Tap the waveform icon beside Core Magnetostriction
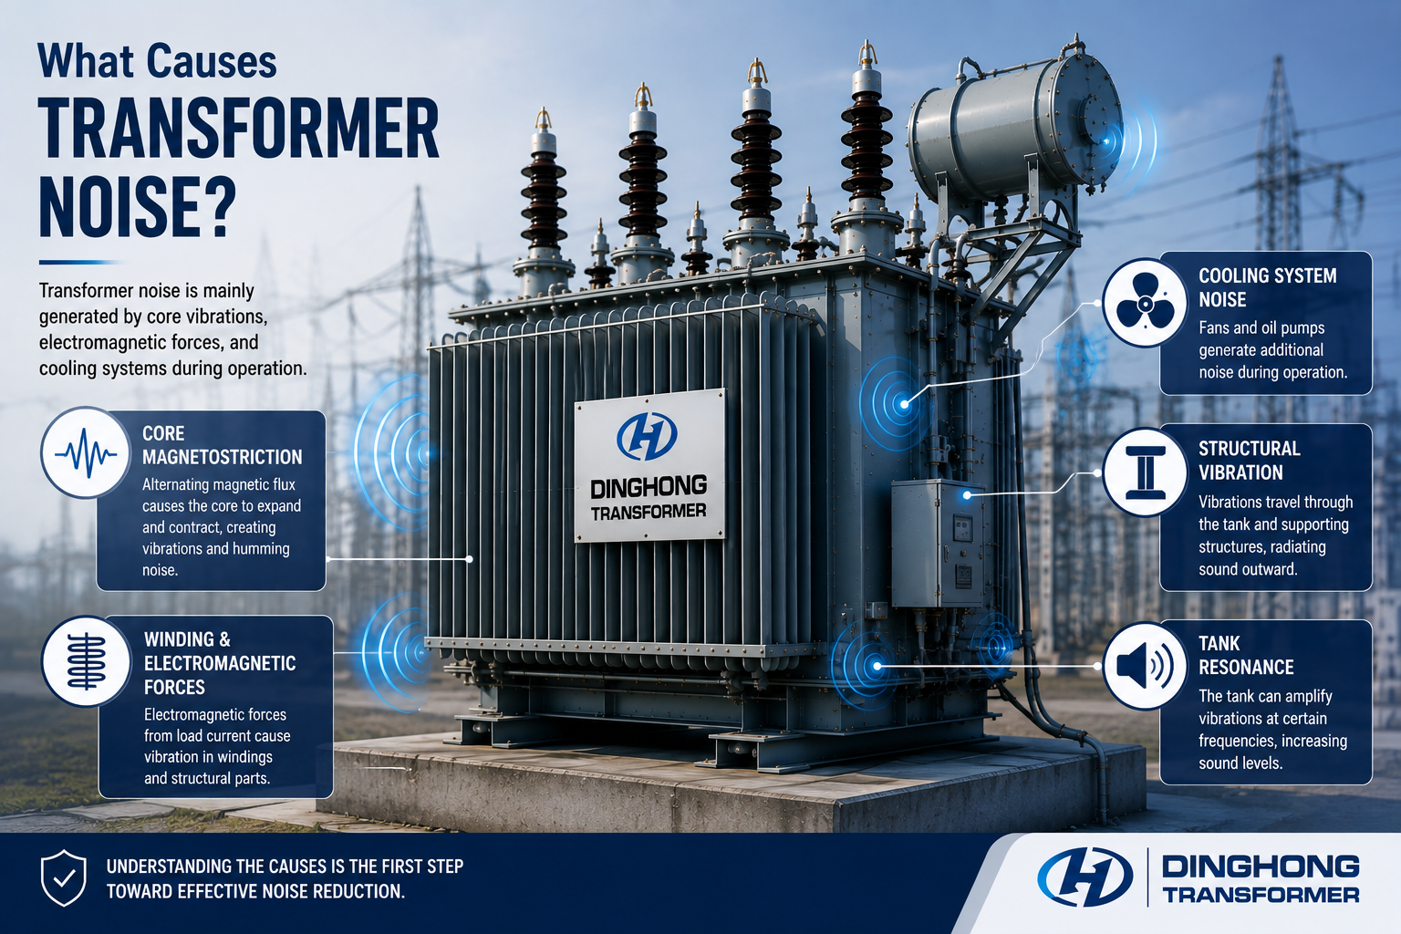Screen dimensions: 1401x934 86,452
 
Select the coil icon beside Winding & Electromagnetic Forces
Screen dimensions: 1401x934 87,661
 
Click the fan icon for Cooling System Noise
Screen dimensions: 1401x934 1145,303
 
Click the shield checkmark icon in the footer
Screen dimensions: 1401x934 63,877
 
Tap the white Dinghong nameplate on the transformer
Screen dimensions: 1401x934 649,465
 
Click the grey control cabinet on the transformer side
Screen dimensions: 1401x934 937,543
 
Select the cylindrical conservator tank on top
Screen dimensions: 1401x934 1013,125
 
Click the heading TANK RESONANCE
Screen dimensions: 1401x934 1246,655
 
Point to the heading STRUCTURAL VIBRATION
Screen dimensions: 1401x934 1249,461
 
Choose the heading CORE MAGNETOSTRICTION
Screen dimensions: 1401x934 222,445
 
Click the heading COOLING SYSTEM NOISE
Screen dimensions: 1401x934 1267,287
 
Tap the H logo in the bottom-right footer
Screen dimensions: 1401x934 1084,877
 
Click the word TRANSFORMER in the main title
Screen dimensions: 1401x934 239,129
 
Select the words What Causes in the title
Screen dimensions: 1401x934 157,61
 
